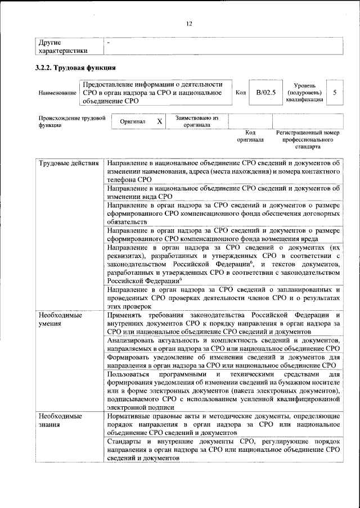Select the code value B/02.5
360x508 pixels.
pyautogui.click(x=265, y=92)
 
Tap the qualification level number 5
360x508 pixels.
pyautogui.click(x=335, y=92)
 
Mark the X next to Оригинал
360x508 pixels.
pyautogui.click(x=159, y=121)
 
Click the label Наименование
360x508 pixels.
pyautogui.click(x=57, y=92)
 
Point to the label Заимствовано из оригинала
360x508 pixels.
pyautogui.click(x=196, y=121)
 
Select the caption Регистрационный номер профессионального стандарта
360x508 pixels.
pyautogui.click(x=307, y=139)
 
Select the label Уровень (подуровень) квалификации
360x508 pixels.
pyautogui.click(x=304, y=92)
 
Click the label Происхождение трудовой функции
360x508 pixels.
pyautogui.click(x=72, y=121)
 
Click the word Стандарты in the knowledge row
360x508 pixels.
pyautogui.click(x=125, y=442)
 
